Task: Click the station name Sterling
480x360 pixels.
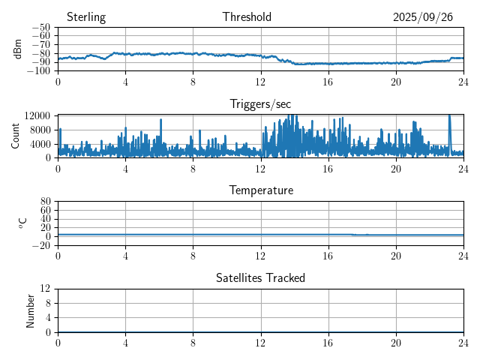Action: [x=85, y=17]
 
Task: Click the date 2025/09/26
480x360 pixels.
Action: [x=423, y=17]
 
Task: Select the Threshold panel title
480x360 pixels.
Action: [x=247, y=17]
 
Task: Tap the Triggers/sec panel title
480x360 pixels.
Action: [x=260, y=104]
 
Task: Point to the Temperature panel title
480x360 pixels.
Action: [x=260, y=190]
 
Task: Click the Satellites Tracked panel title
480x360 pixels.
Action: [x=260, y=277]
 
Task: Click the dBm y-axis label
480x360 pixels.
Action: [x=18, y=49]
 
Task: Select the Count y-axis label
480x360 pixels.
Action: [x=15, y=136]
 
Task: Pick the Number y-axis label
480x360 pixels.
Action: [x=30, y=310]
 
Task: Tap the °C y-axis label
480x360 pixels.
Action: [x=23, y=223]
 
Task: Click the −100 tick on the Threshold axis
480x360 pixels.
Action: [x=40, y=71]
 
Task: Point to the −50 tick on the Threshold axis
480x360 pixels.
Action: [x=42, y=27]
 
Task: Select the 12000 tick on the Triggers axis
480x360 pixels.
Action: [x=37, y=115]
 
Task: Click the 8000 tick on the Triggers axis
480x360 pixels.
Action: [x=40, y=129]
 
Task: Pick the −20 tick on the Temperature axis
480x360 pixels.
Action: [x=42, y=245]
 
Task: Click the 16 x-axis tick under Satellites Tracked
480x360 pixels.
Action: [x=328, y=342]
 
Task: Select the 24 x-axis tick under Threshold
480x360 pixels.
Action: [x=463, y=81]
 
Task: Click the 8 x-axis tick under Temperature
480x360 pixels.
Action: [x=193, y=255]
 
